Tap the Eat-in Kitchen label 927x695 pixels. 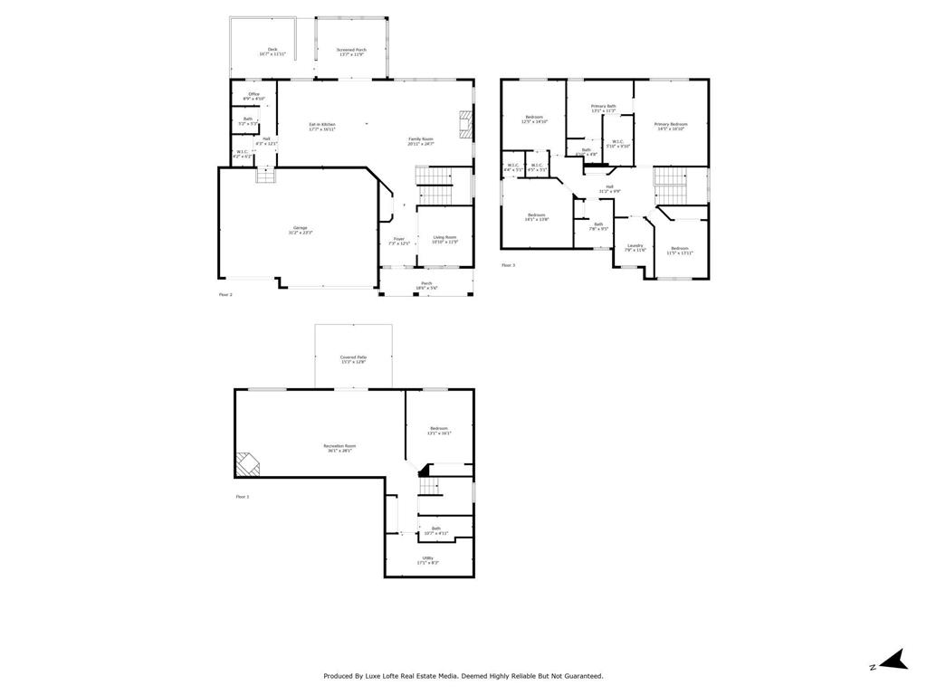(322, 126)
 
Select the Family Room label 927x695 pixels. (421, 140)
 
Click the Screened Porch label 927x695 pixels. (351, 52)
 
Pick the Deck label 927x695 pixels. (272, 52)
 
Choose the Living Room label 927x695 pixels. (444, 239)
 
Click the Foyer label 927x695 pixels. (399, 241)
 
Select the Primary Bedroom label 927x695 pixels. (671, 126)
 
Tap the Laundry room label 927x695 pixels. (635, 247)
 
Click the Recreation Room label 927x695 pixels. (340, 447)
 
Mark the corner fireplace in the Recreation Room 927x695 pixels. (247, 464)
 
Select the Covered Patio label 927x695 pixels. (353, 359)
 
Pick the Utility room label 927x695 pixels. (427, 559)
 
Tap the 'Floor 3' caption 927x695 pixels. (508, 265)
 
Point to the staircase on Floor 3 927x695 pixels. (670, 186)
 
